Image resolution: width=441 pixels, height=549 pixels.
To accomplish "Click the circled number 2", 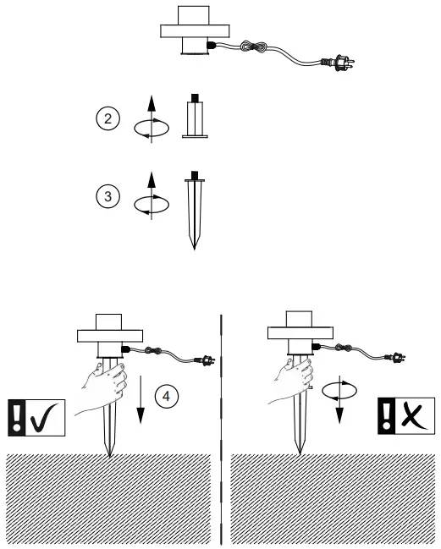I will (106, 118).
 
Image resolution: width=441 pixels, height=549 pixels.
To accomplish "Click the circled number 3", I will (106, 197).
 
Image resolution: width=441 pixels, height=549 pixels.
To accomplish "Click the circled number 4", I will (167, 395).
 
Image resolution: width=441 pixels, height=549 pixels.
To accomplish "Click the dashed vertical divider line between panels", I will (221, 423).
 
